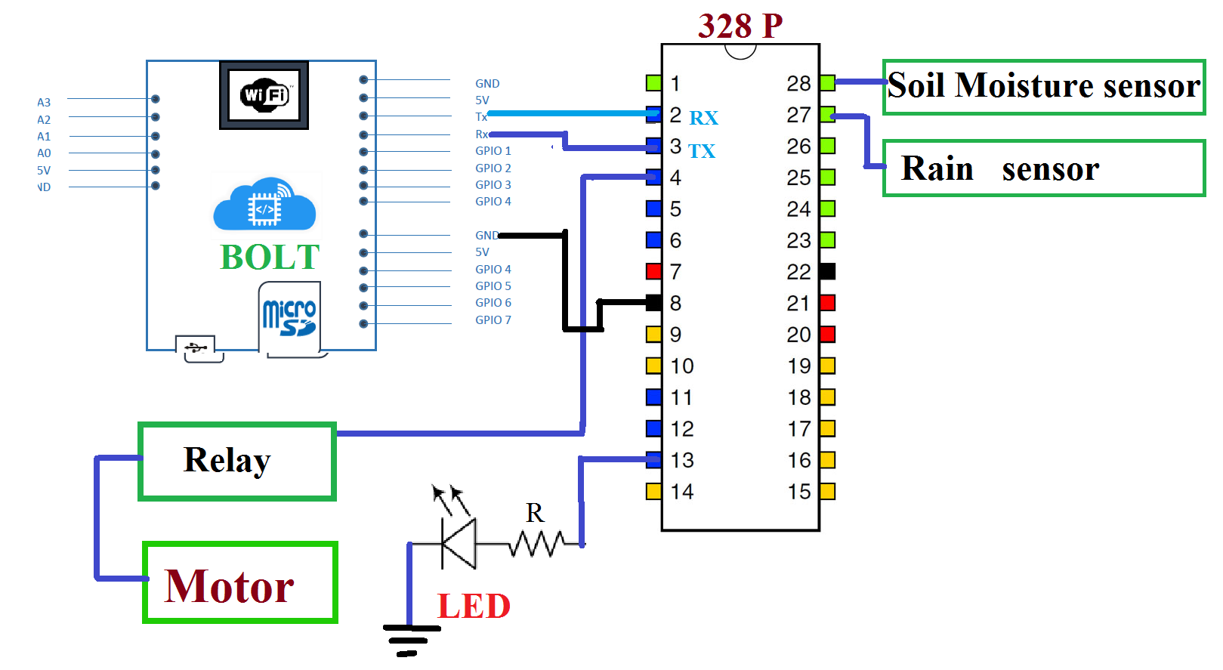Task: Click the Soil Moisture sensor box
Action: pyautogui.click(x=1043, y=87)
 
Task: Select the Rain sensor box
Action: pyautogui.click(x=1043, y=168)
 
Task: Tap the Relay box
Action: pyautogui.click(x=237, y=461)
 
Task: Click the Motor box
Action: pyautogui.click(x=239, y=582)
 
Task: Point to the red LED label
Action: pyautogui.click(x=474, y=606)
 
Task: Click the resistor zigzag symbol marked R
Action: pyautogui.click(x=536, y=543)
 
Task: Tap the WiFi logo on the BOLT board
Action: pyautogui.click(x=264, y=95)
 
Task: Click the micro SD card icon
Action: pyautogui.click(x=289, y=317)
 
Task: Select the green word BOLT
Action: pyautogui.click(x=270, y=257)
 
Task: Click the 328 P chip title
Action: pyautogui.click(x=740, y=26)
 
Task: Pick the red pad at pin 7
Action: pyautogui.click(x=653, y=271)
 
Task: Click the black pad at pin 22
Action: pyautogui.click(x=827, y=271)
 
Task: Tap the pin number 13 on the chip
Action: pyautogui.click(x=682, y=460)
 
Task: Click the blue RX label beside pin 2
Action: pyautogui.click(x=703, y=118)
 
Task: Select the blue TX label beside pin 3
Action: pyautogui.click(x=701, y=151)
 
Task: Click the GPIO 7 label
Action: pyautogui.click(x=493, y=320)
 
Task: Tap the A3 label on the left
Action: pyautogui.click(x=44, y=102)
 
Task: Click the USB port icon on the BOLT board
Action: pyautogui.click(x=196, y=348)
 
